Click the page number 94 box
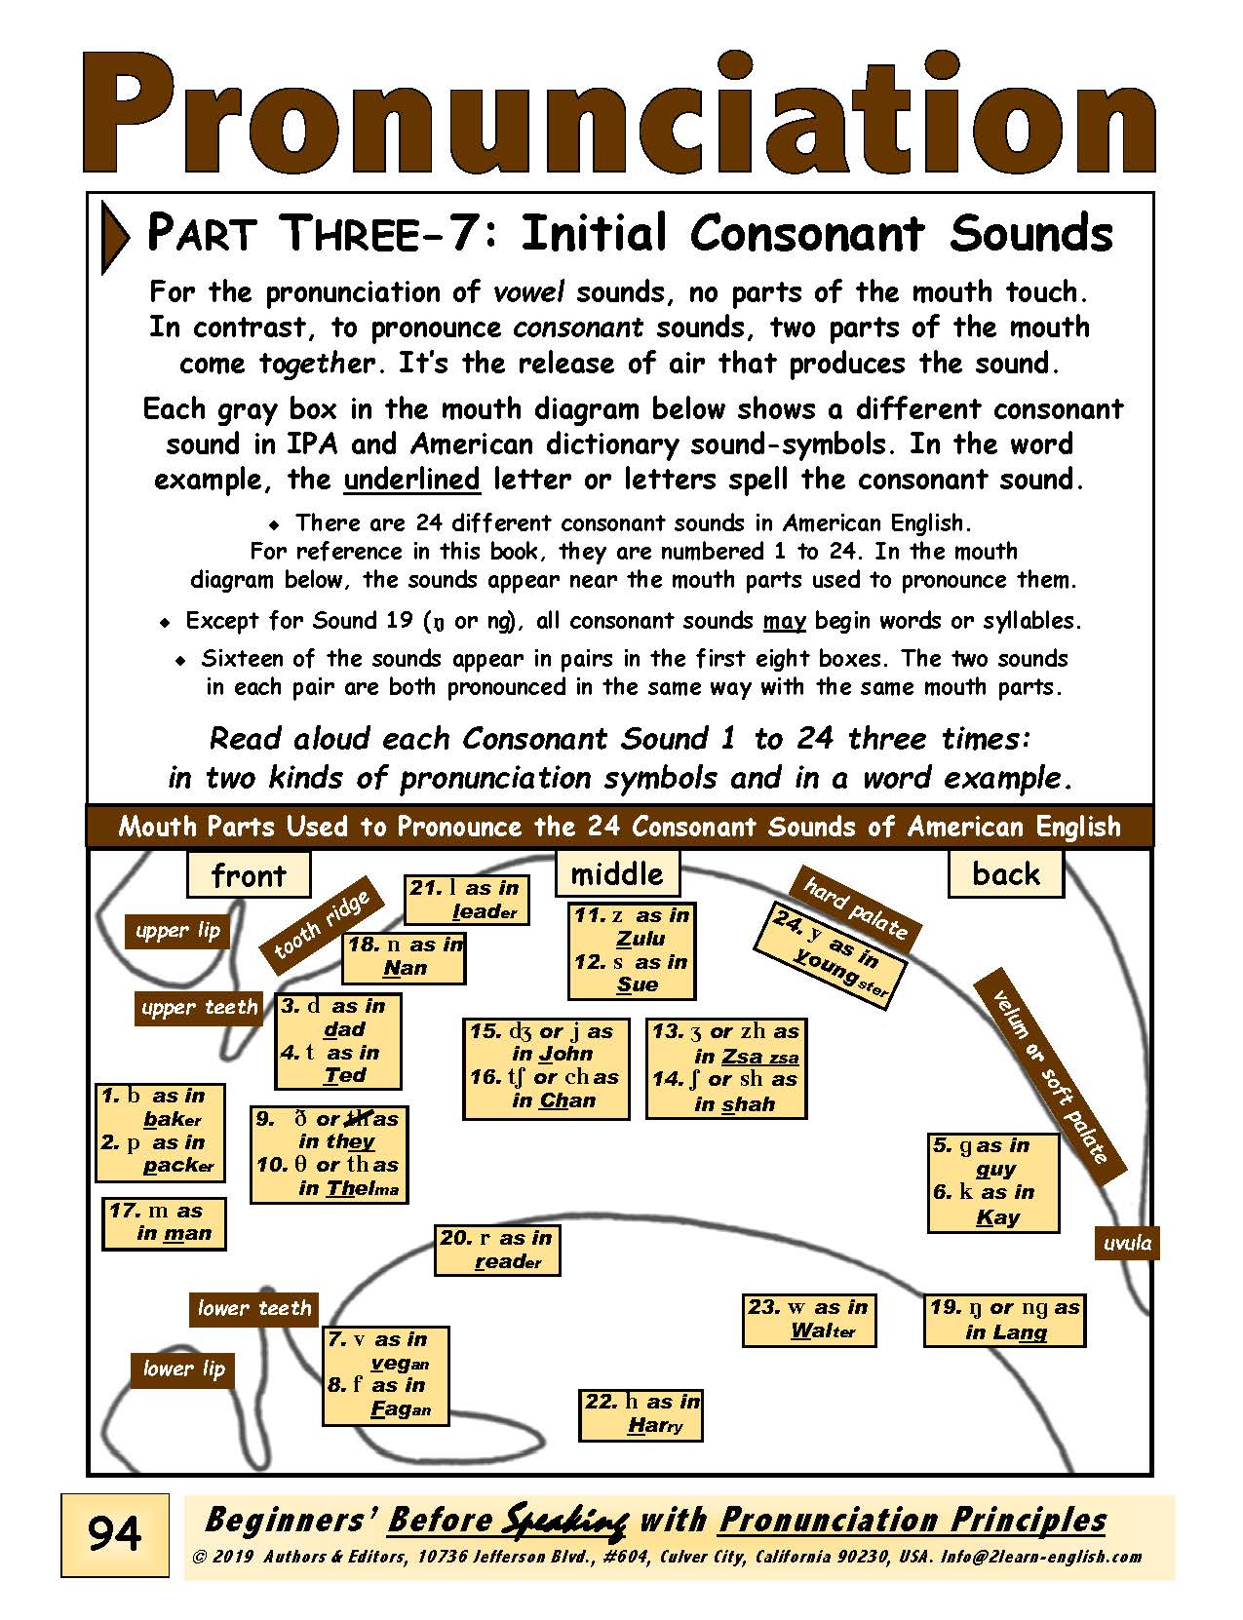(x=114, y=1535)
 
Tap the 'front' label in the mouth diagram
(x=249, y=874)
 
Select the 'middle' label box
(x=616, y=873)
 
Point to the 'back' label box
(x=1005, y=873)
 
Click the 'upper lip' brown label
(x=177, y=931)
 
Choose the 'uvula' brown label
(x=1127, y=1243)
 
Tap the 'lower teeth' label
(x=253, y=1308)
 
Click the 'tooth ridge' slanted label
(x=318, y=925)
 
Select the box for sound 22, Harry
(x=641, y=1414)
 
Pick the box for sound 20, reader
(x=497, y=1250)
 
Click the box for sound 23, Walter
(x=808, y=1319)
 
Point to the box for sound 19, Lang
(x=1005, y=1320)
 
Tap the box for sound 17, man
(x=165, y=1222)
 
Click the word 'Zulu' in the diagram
(x=641, y=939)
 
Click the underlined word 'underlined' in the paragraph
(x=411, y=480)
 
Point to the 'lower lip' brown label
(x=183, y=1369)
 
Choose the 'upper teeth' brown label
(x=199, y=1007)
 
